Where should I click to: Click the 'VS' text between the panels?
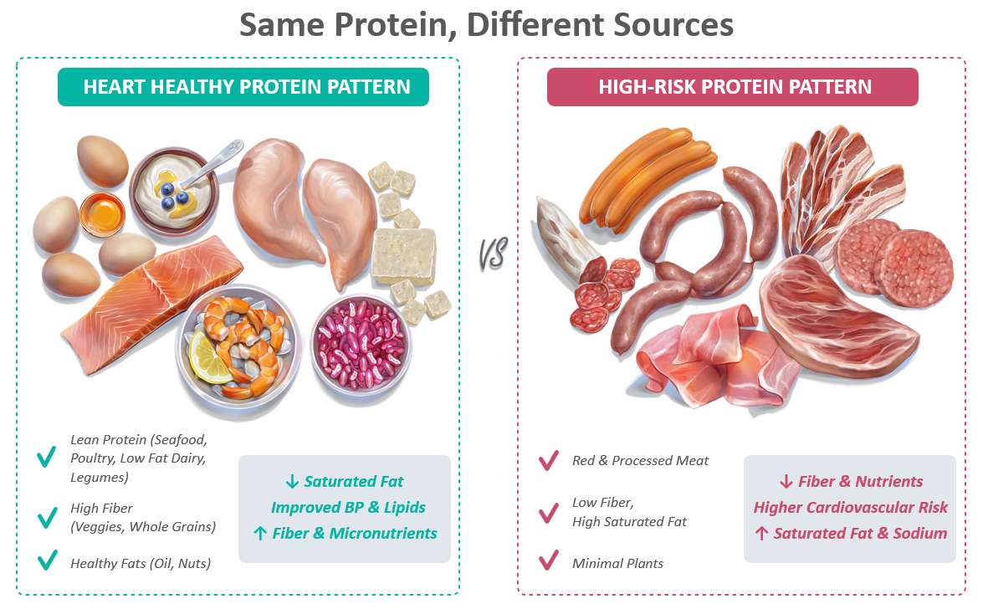pyautogui.click(x=493, y=254)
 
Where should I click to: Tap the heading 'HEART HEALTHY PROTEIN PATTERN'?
pyautogui.click(x=246, y=86)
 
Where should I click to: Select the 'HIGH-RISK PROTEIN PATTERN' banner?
pyautogui.click(x=732, y=86)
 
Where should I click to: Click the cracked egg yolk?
pyautogui.click(x=102, y=214)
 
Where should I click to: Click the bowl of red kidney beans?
pyautogui.click(x=361, y=343)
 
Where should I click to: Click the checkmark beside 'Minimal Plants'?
pyautogui.click(x=549, y=560)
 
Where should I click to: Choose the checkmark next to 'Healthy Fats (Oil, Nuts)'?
pyautogui.click(x=47, y=560)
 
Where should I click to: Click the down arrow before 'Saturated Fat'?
pyautogui.click(x=292, y=482)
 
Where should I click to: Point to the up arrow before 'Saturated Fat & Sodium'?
pyautogui.click(x=761, y=534)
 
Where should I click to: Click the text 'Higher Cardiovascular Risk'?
pyautogui.click(x=850, y=508)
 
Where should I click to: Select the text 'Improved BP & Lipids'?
pyautogui.click(x=348, y=508)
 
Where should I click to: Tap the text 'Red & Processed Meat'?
pyautogui.click(x=640, y=461)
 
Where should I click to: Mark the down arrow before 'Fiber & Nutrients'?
pyautogui.click(x=786, y=482)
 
